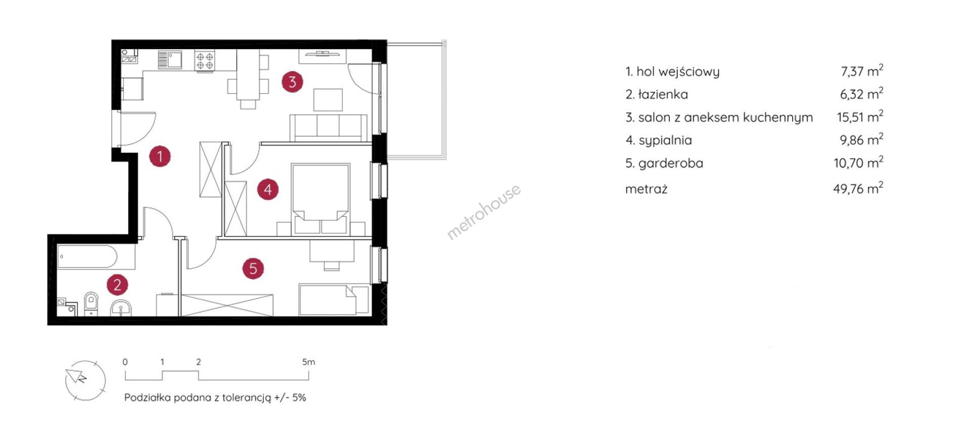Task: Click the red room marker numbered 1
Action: (x=160, y=156)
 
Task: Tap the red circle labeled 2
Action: (x=117, y=285)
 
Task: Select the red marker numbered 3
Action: (x=292, y=82)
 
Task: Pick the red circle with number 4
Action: (x=268, y=189)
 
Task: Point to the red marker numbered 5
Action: (x=253, y=268)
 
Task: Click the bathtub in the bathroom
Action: (x=87, y=257)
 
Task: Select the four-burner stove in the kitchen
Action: (x=205, y=61)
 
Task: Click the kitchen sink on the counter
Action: (x=170, y=59)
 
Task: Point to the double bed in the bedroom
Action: (x=320, y=198)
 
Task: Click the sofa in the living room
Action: (x=328, y=128)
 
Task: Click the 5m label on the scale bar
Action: (x=308, y=362)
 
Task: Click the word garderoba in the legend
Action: (x=671, y=163)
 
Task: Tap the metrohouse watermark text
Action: (x=483, y=211)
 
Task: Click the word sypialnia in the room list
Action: (x=665, y=140)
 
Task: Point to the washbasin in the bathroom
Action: (x=121, y=307)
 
